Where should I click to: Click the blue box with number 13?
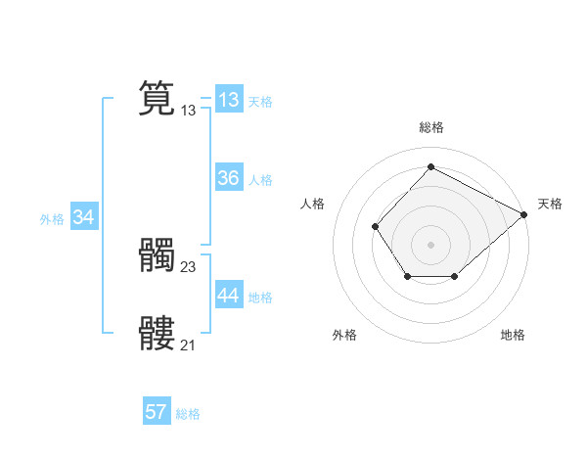point(229,99)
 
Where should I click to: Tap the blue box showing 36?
point(229,178)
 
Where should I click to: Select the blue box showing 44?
point(229,296)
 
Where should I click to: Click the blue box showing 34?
point(84,218)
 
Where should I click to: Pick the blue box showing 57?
point(157,412)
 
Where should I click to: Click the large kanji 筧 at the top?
point(157,99)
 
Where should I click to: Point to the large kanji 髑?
point(157,256)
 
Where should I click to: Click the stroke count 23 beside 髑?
point(189,266)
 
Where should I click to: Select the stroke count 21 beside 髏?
point(189,345)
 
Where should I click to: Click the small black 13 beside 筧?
point(189,111)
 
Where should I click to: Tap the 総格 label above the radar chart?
point(430,127)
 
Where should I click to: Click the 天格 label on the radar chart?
point(550,204)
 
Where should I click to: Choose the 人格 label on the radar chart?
point(313,204)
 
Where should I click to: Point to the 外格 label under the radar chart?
point(344,335)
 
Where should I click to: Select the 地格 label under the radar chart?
point(513,335)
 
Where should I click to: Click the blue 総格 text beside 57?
point(188,414)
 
